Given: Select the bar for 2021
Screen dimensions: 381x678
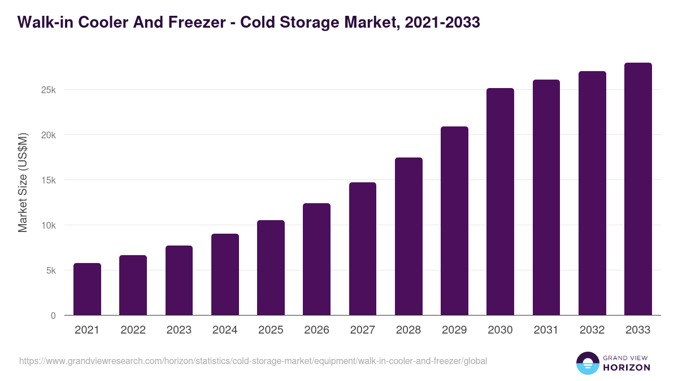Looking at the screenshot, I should pos(87,289).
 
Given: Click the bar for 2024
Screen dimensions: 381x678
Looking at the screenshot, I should pos(225,274).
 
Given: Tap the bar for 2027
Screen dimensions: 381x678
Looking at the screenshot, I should pos(363,248).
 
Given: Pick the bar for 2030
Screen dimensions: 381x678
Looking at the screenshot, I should pos(500,202).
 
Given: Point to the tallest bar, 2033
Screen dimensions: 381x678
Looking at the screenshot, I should pos(638,189).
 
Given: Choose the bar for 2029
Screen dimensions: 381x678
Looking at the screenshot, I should pos(454,221).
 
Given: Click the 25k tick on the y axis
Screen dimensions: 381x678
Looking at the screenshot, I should pos(48,90).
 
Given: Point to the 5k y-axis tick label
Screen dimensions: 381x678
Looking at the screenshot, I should pos(50,270).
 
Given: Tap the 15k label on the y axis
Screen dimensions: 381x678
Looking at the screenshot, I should pos(48,180).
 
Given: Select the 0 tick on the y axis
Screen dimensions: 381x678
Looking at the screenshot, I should pos(53,316).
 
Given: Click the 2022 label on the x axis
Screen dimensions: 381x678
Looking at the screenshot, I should pos(133,330).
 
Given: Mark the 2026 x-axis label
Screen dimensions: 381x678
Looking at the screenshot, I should pos(316,330).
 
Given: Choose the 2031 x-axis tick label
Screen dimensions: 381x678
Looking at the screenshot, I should pos(546,330).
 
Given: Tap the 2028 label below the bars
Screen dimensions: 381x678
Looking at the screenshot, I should pos(408,330).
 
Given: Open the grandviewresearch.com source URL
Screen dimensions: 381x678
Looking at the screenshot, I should pos(253,361).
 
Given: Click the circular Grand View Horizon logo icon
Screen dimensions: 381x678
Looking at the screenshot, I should pos(587,364).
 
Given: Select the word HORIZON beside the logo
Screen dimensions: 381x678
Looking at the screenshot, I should pos(627,367).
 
